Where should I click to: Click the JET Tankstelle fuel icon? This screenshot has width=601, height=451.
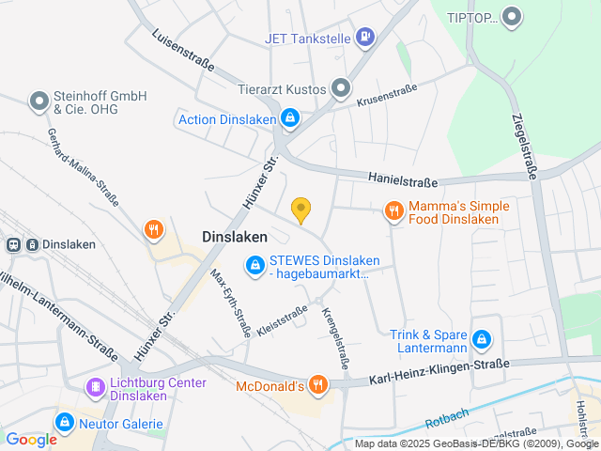pos(366,38)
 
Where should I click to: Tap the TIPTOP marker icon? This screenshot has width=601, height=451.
pos(512,17)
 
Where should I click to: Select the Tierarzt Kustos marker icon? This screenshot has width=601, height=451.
pos(340,89)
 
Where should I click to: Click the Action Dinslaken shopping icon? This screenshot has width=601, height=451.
pos(291,119)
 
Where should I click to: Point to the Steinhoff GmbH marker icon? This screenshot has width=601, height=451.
pos(39,101)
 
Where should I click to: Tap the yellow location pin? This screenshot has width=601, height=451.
pos(300,210)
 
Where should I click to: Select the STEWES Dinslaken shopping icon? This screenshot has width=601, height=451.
pos(254,267)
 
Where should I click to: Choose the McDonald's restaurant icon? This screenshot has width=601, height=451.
pos(319,385)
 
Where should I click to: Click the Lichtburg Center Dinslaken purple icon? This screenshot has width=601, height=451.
pos(95,387)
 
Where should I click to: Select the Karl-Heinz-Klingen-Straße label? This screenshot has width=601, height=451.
pos(439,370)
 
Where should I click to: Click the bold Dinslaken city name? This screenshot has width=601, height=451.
pos(235,238)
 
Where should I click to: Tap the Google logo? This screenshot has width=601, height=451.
pos(31,439)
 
